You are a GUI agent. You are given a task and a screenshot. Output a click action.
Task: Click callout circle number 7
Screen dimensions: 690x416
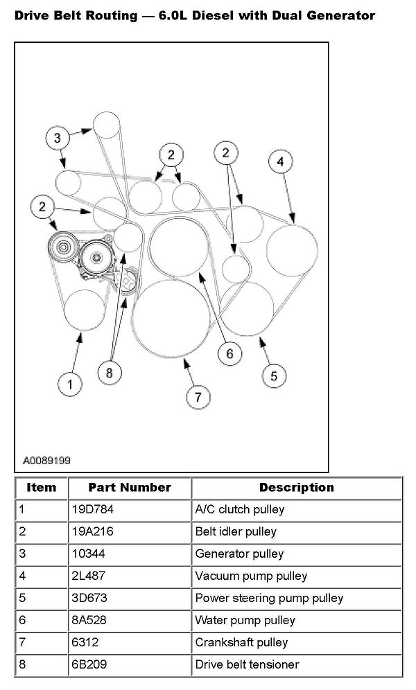coord(198,397)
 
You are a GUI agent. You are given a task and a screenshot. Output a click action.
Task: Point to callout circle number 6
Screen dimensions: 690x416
coord(229,353)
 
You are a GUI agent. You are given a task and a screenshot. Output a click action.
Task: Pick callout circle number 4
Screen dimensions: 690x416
coord(279,162)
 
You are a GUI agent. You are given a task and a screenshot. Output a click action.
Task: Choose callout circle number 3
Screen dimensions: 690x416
coord(58,138)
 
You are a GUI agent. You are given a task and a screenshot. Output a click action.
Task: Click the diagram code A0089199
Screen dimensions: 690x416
coord(46,459)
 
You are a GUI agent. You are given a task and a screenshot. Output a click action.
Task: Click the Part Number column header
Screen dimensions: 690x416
coord(129,487)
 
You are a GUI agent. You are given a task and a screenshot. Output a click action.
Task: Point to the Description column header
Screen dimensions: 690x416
coord(296,487)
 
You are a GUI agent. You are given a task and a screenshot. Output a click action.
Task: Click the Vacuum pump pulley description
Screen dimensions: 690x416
coord(251,576)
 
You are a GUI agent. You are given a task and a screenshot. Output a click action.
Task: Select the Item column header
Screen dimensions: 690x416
coord(41,487)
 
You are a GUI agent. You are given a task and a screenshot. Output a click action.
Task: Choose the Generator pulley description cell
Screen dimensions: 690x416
coord(230,554)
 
